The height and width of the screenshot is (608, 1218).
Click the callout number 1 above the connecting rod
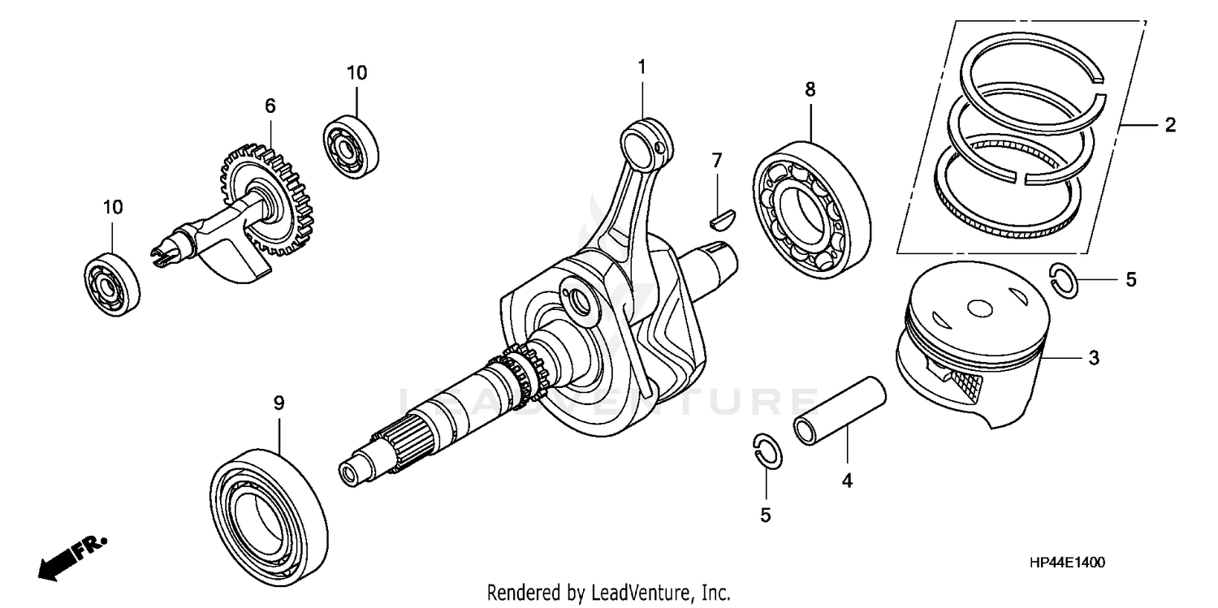click(641, 67)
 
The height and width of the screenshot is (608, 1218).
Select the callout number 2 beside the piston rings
click(1169, 125)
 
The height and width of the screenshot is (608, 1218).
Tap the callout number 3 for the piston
click(1094, 357)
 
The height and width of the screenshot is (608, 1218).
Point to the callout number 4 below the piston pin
click(846, 481)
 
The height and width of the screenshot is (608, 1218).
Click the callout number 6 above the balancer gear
click(270, 106)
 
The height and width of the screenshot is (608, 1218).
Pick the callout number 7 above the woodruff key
click(716, 161)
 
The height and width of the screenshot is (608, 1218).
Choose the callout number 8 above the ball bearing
click(810, 89)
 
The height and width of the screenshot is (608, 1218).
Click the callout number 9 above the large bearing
click(279, 403)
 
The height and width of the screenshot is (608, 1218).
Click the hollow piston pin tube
click(840, 411)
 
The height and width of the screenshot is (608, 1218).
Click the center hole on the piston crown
click(980, 308)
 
